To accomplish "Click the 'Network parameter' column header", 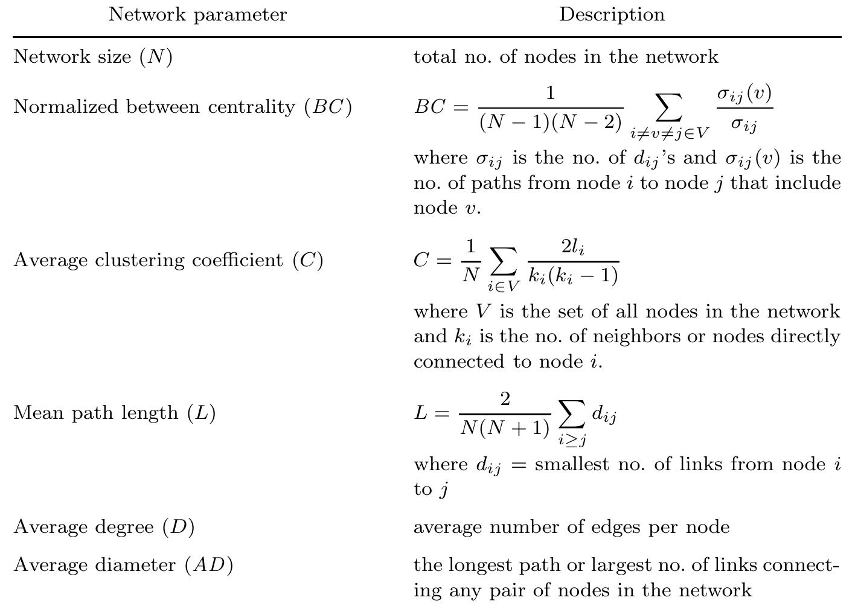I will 197,14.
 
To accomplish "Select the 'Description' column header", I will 612,14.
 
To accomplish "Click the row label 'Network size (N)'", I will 93,57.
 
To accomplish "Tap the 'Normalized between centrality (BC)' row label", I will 182,107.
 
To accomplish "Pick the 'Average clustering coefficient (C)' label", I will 168,260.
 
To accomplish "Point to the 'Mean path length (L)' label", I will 114,413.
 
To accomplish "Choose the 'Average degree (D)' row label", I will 104,527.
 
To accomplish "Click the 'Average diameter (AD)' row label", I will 123,565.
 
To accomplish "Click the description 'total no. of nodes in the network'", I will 566,57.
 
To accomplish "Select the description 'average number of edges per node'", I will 571,527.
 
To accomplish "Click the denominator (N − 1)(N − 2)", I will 551,122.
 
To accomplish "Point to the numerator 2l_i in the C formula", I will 573,247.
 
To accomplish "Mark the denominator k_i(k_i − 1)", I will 573,275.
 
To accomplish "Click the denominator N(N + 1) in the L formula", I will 505,428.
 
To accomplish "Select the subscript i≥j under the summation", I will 572,440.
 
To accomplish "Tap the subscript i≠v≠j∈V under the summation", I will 670,133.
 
